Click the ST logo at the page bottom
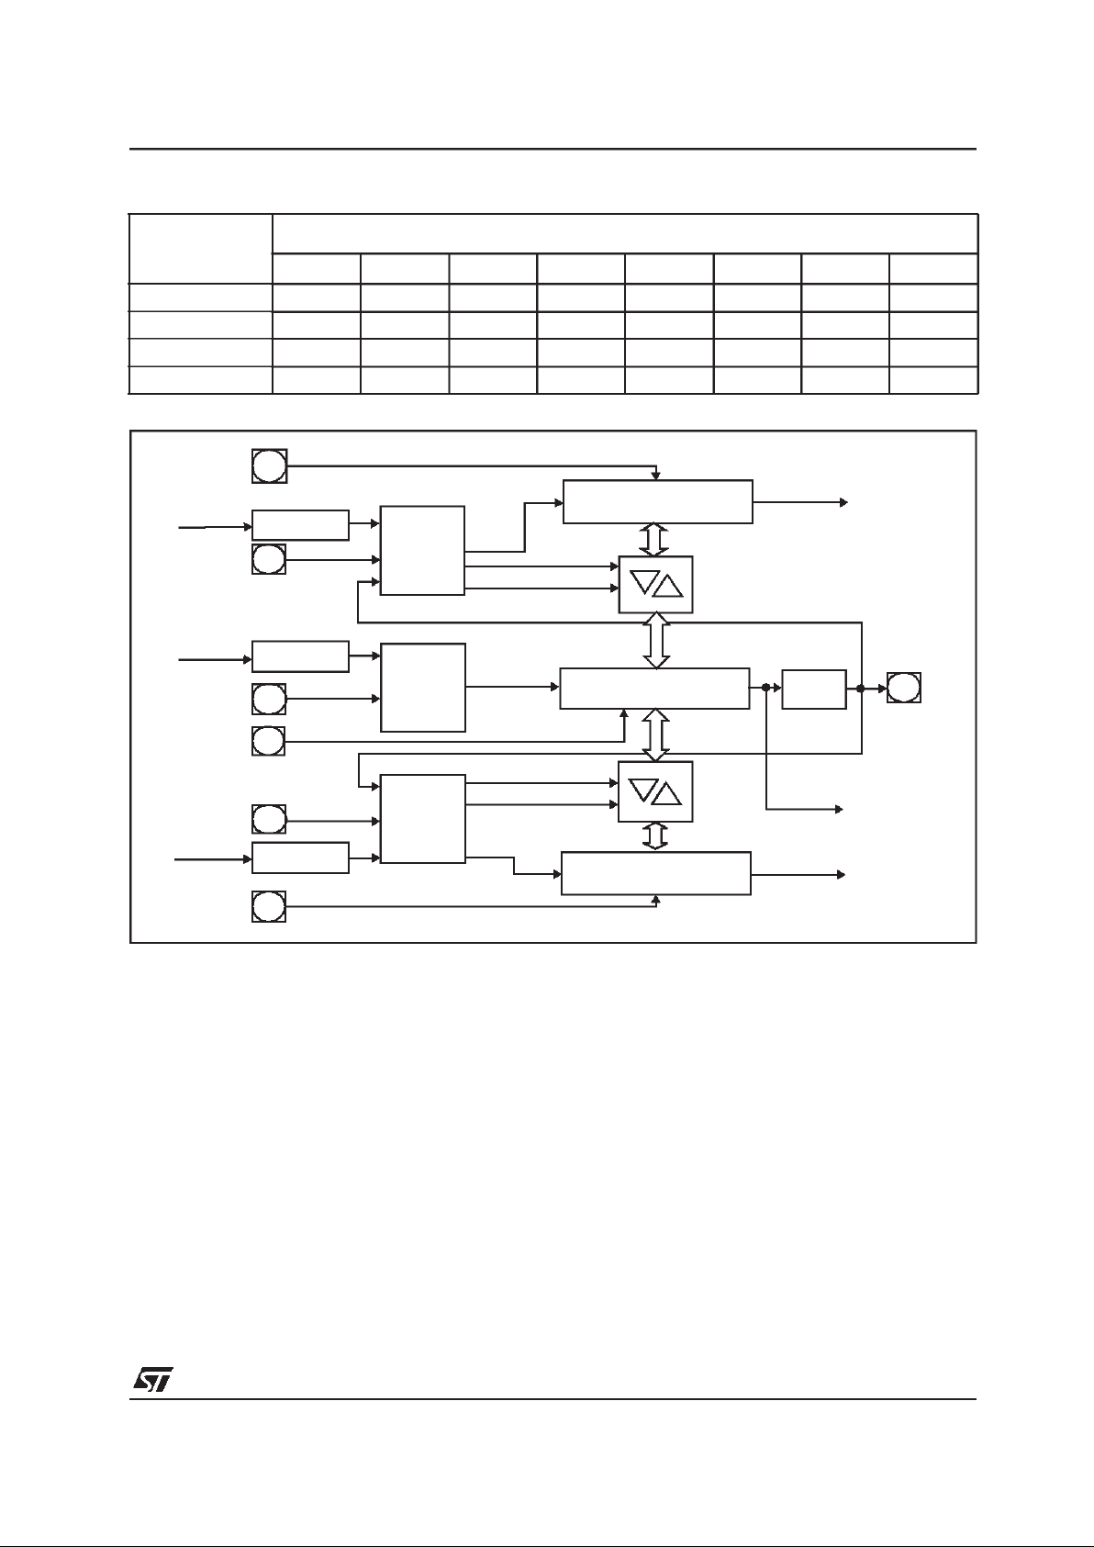click(x=152, y=1381)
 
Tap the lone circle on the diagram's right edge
click(x=904, y=688)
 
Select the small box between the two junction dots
click(x=813, y=689)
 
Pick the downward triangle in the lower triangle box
click(x=642, y=790)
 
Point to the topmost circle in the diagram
click(x=269, y=466)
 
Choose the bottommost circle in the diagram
click(x=269, y=907)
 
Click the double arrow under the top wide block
click(x=654, y=540)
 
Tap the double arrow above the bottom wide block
click(x=654, y=836)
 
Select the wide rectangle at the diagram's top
click(x=657, y=501)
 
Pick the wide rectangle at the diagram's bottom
click(x=655, y=872)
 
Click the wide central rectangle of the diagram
click(x=654, y=689)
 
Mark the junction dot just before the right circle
click(x=861, y=689)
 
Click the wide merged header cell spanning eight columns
click(x=624, y=234)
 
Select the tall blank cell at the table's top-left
click(x=201, y=249)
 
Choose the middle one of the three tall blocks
click(x=423, y=687)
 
